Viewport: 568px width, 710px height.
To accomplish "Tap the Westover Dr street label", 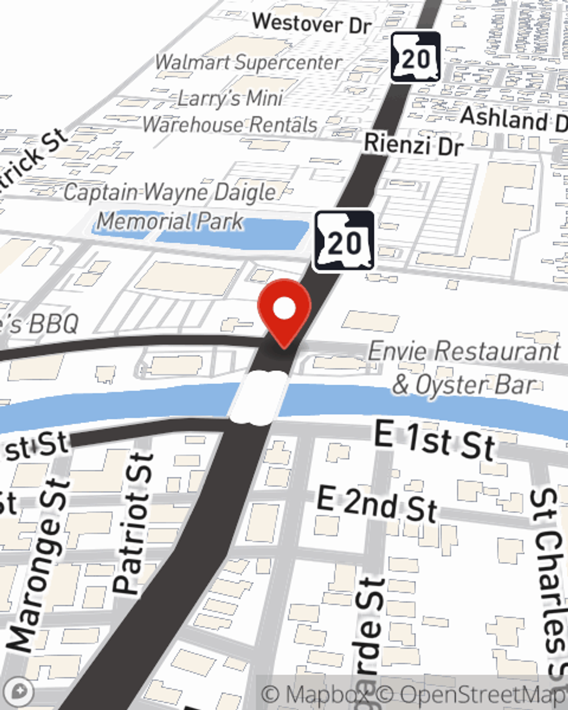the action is point(312,24).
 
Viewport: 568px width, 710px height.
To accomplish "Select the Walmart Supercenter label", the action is point(249,62).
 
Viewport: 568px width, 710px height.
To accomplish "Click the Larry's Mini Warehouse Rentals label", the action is point(230,111).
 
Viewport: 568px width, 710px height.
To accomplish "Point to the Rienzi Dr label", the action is point(414,145).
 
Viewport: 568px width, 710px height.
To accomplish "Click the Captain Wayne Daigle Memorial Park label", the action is point(170,206).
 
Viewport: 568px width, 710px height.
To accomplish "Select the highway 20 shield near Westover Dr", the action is point(416,57).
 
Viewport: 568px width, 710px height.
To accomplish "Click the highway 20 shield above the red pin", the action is point(344,241).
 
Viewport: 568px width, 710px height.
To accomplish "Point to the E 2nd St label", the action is point(377,503).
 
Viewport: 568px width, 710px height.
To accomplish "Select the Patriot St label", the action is point(134,523).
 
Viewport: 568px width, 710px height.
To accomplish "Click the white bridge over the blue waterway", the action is point(258,398).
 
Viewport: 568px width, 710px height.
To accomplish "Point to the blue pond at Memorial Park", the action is point(227,233).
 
